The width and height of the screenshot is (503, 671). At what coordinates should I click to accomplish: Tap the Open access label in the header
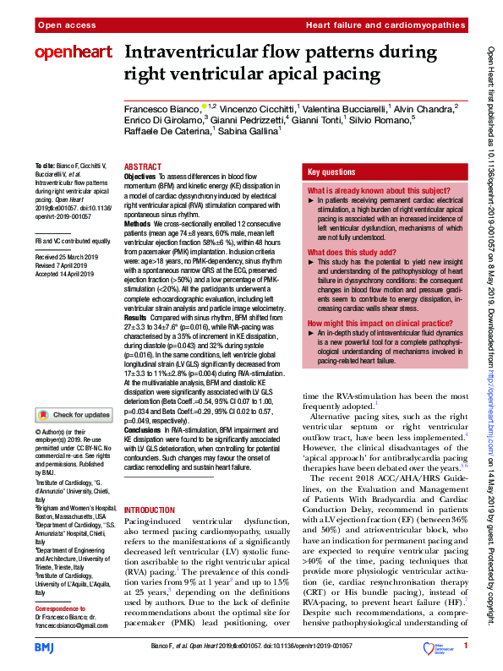(x=60, y=27)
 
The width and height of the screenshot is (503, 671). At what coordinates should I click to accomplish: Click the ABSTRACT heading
(x=143, y=167)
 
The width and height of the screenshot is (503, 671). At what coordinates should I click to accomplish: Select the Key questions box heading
(x=331, y=171)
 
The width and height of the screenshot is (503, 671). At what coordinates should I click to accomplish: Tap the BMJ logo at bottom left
(x=46, y=647)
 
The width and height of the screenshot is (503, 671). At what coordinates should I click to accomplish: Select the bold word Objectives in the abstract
(x=140, y=177)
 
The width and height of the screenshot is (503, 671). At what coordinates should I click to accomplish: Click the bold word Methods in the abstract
(x=138, y=215)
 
